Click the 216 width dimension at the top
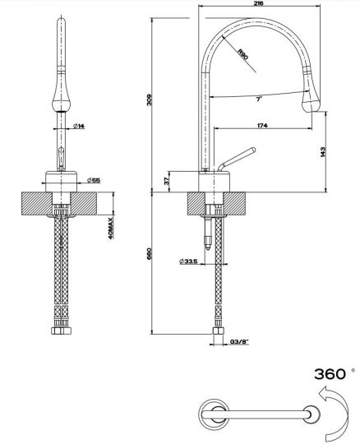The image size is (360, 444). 258,5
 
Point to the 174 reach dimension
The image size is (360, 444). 261,125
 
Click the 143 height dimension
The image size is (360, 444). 326,152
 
